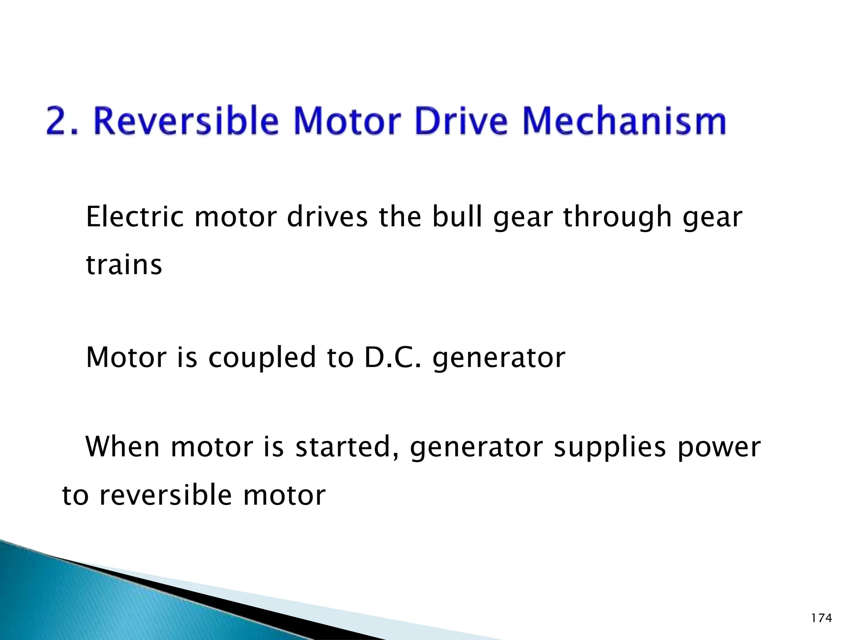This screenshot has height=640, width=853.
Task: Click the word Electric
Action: pyautogui.click(x=135, y=217)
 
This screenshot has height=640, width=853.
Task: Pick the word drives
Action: pyautogui.click(x=327, y=217)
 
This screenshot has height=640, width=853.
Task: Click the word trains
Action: pyautogui.click(x=124, y=265)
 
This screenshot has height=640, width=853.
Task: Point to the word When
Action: pyautogui.click(x=122, y=447)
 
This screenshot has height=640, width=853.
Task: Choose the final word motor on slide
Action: pyautogui.click(x=284, y=496)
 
